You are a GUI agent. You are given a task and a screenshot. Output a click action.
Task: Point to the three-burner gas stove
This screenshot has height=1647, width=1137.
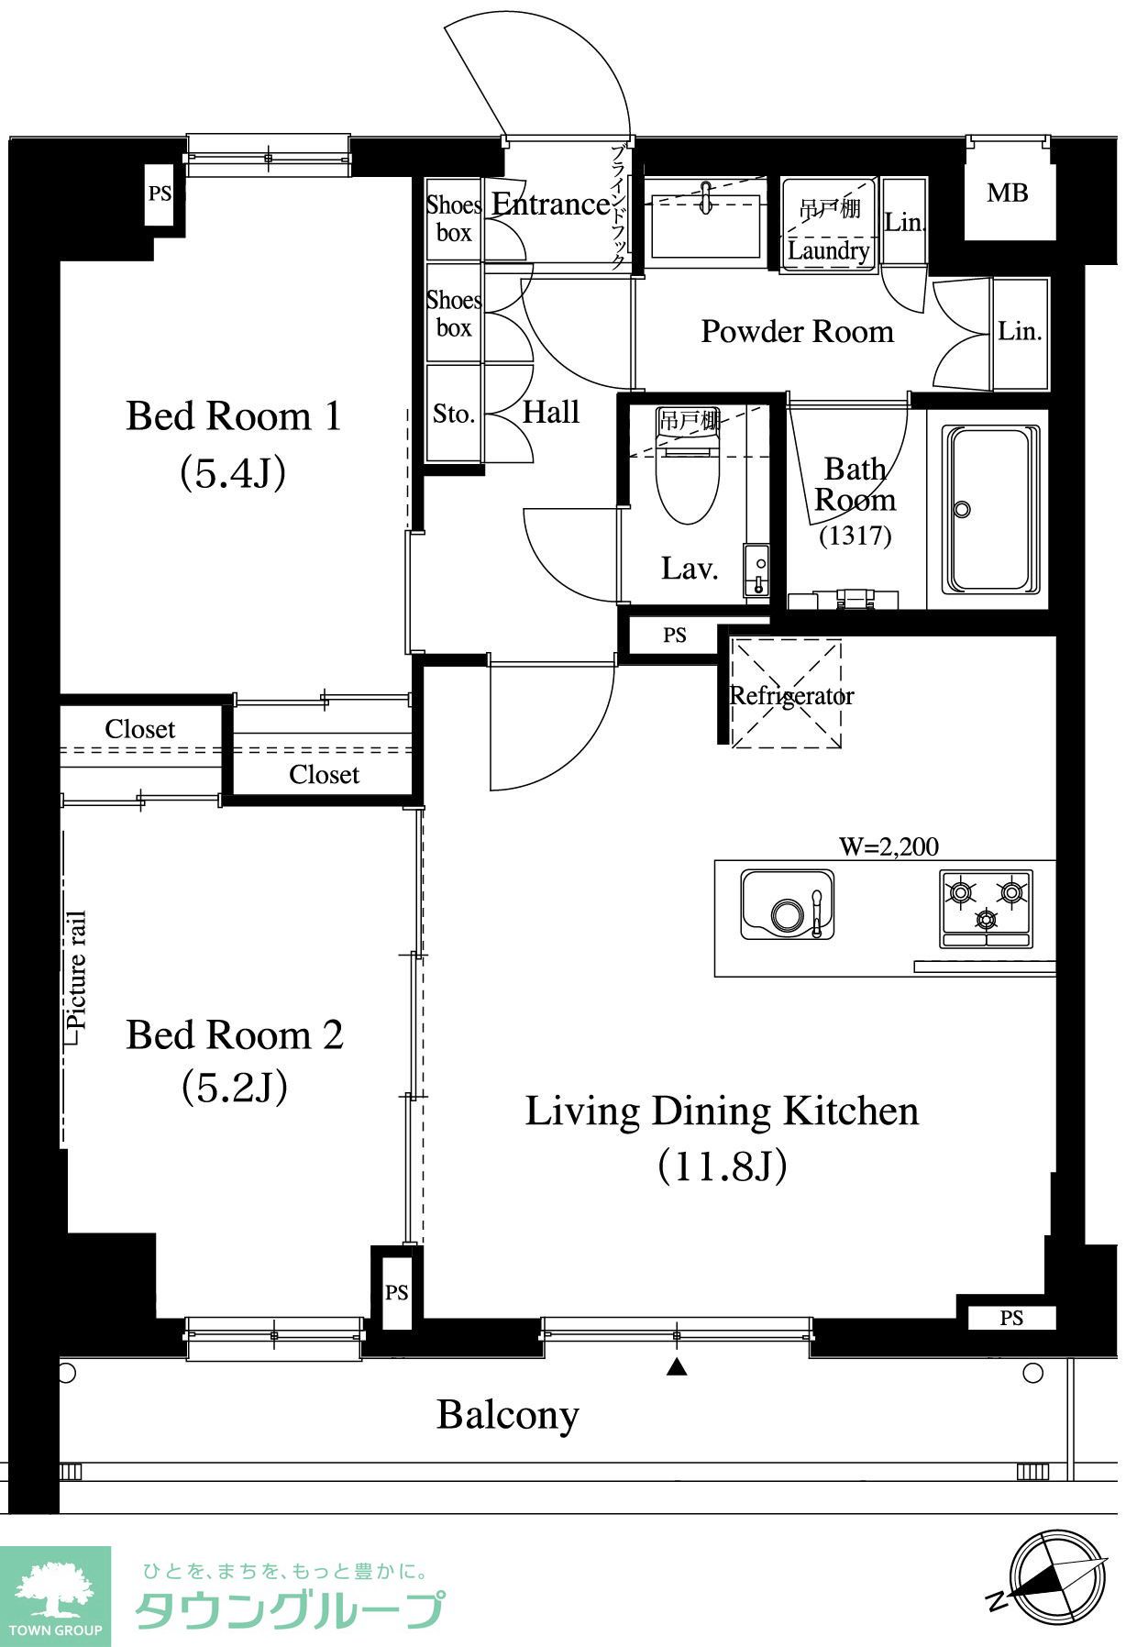(986, 909)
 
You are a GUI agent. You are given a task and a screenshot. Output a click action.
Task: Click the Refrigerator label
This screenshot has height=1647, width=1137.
(791, 696)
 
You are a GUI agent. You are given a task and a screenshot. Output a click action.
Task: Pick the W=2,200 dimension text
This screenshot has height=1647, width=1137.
(889, 846)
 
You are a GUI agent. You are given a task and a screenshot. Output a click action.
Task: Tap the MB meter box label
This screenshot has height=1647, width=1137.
(1007, 193)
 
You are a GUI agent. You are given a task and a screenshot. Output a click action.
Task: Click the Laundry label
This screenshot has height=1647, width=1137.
(829, 250)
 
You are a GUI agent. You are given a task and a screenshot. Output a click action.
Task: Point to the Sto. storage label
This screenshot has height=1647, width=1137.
(454, 414)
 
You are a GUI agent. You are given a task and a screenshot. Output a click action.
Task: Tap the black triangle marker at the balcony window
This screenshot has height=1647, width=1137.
(677, 1367)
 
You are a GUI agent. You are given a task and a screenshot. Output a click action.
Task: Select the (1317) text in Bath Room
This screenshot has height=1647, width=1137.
(855, 535)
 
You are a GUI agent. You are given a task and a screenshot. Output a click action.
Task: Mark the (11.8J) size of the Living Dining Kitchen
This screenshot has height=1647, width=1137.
(723, 1166)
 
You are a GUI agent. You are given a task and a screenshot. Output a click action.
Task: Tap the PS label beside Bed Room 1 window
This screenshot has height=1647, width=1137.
(160, 193)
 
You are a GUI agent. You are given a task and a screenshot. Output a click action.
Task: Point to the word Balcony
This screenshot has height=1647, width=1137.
(508, 1415)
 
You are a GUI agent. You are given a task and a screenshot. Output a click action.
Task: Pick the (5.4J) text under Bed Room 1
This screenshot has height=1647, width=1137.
(233, 472)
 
